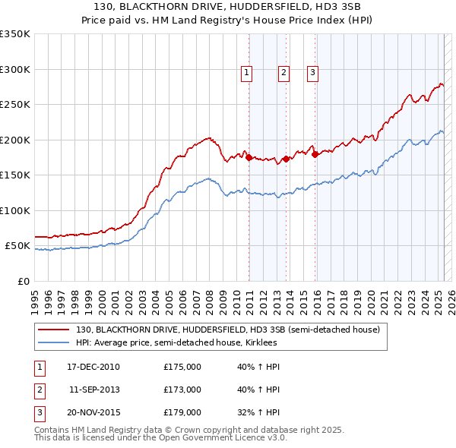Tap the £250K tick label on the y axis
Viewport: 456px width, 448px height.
15,104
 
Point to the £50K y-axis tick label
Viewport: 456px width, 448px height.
17,246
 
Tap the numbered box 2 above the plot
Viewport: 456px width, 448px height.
283,73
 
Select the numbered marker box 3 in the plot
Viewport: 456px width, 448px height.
312,73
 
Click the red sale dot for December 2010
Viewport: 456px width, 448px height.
249,157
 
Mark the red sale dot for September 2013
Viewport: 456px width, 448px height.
286,159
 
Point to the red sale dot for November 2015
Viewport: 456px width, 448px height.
315,154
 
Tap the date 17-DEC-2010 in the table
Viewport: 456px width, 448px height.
93,367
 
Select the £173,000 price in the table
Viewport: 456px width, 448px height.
182,390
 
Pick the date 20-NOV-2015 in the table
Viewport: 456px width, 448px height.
93,412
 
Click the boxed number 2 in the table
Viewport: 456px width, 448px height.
39,390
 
